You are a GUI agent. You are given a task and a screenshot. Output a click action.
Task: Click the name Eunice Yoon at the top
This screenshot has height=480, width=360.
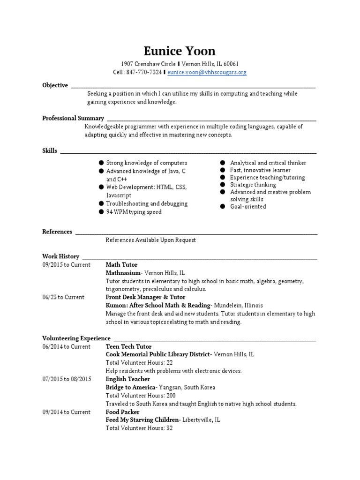[180, 51]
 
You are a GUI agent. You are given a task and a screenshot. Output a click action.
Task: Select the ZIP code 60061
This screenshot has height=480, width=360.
[231, 64]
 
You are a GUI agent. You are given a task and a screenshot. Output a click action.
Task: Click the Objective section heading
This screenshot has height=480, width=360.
[55, 85]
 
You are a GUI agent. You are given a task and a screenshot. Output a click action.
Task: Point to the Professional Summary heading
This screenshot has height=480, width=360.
[73, 118]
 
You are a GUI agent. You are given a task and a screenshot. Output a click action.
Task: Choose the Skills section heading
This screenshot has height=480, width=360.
[50, 150]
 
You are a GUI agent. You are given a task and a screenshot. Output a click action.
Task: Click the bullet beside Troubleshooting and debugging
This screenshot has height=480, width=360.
[101, 203]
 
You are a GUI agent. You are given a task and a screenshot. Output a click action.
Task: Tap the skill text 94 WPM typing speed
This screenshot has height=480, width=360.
[134, 212]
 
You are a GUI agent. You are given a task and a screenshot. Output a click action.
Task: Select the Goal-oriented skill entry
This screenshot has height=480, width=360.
[248, 207]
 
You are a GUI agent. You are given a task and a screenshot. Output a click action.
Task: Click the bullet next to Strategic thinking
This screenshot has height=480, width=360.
[223, 185]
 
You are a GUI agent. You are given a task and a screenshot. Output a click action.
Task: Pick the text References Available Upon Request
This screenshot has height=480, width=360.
[150, 240]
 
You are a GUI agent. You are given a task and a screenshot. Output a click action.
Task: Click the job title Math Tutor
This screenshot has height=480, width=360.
[121, 265]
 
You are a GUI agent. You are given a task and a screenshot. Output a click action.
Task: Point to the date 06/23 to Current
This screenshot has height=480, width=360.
[63, 297]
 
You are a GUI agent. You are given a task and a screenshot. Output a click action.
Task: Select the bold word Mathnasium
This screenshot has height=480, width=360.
[123, 273]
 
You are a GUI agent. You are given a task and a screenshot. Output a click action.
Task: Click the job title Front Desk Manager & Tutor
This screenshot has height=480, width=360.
[145, 297]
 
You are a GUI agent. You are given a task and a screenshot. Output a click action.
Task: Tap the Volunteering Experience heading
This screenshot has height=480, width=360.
[76, 338]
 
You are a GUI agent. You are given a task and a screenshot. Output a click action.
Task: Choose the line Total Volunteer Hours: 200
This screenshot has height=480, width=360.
[141, 396]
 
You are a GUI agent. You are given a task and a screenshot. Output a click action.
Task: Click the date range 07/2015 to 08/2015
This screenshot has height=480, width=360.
[67, 379]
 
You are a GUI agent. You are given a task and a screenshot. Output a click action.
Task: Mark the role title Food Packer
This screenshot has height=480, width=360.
[122, 412]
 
